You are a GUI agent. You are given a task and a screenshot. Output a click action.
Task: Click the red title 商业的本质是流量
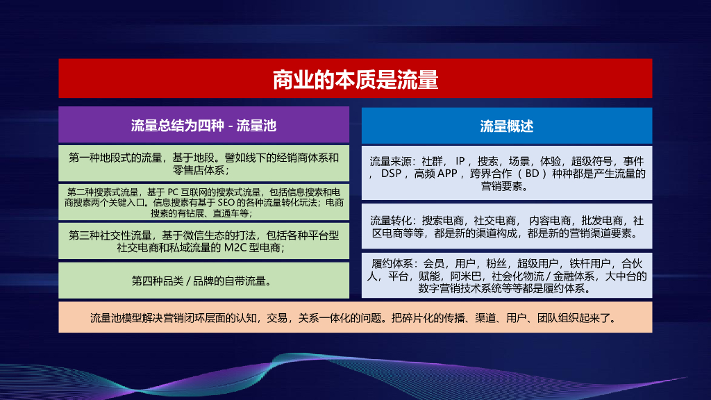coord(355,79)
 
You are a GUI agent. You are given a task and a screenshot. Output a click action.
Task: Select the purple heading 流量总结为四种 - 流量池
coord(203,126)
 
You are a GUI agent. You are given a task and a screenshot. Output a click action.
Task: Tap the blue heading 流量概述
coord(507,126)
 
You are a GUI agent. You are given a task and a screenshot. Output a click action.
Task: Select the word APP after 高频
coord(447,173)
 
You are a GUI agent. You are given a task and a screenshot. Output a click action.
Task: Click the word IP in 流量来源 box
coord(460,160)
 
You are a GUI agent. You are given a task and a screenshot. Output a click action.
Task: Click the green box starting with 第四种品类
coord(203,281)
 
